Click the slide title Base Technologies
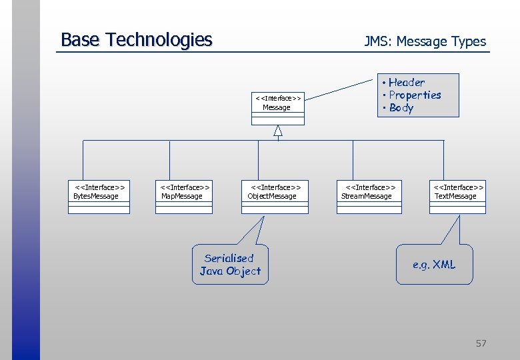tap(136, 40)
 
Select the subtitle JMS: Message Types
tap(425, 41)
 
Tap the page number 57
tap(481, 343)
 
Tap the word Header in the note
tap(406, 83)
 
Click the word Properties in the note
tap(415, 95)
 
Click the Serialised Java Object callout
tap(230, 265)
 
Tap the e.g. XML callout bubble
tap(434, 265)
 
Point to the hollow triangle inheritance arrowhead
tap(278, 131)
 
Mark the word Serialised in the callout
tap(229, 258)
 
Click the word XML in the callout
tap(444, 265)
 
